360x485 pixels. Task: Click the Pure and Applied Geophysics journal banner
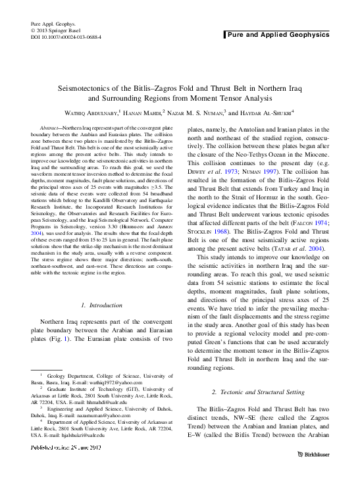pos(277,34)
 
